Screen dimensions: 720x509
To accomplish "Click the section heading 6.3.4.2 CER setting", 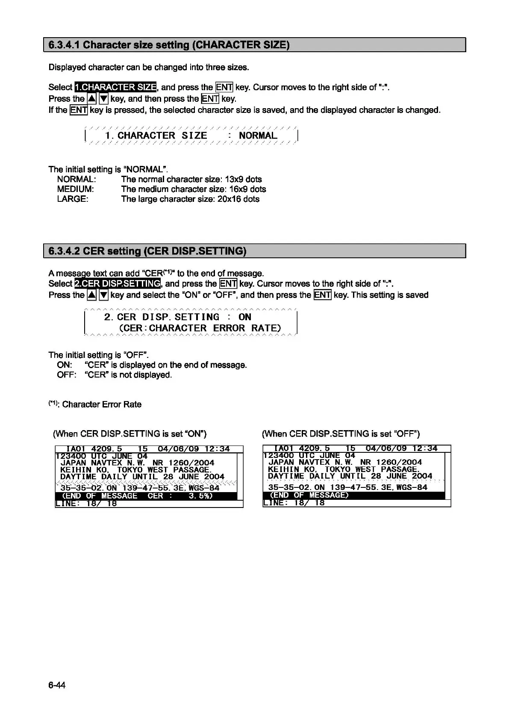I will point(147,251).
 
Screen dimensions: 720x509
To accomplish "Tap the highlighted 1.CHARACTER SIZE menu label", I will point(115,87).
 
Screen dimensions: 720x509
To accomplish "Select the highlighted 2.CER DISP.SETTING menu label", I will point(118,283).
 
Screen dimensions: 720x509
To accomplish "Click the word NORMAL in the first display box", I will point(258,136).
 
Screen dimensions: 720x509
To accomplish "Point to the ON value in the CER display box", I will point(244,317).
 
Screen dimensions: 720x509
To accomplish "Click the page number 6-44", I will point(57,685).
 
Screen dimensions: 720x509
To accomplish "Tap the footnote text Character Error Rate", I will point(102,404).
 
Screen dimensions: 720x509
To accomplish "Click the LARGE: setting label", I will point(73,199).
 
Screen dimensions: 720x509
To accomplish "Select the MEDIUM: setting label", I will point(75,189).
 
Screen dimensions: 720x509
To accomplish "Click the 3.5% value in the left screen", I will point(200,496).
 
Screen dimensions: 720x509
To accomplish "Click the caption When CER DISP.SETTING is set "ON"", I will point(129,434).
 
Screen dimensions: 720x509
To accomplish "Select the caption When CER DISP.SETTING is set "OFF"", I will point(341,434).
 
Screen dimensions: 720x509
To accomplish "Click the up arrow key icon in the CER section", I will point(91,295).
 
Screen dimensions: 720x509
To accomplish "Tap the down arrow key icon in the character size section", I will point(103,99).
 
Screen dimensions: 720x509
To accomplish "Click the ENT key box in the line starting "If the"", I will point(79,110).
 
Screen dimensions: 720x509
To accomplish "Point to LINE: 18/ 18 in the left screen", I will point(86,504).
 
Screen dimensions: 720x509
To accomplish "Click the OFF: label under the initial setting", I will point(66,375).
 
